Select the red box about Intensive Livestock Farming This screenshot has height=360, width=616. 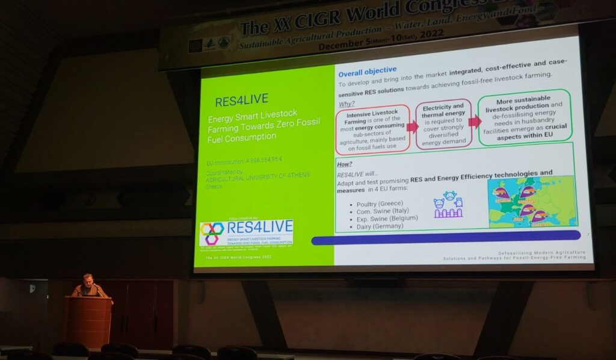[x=372, y=128]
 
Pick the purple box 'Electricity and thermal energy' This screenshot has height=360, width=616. [x=443, y=123]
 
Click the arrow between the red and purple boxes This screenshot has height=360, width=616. [x=412, y=126]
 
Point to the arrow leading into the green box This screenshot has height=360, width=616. [x=475, y=122]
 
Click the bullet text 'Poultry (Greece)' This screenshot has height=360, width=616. [x=380, y=203]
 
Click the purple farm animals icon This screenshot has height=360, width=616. [x=448, y=205]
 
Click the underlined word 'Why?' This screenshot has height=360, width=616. [x=346, y=102]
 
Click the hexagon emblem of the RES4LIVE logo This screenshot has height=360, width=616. [x=212, y=232]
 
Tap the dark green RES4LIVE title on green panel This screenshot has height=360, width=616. [x=241, y=100]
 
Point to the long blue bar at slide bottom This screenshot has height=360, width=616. [x=445, y=235]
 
